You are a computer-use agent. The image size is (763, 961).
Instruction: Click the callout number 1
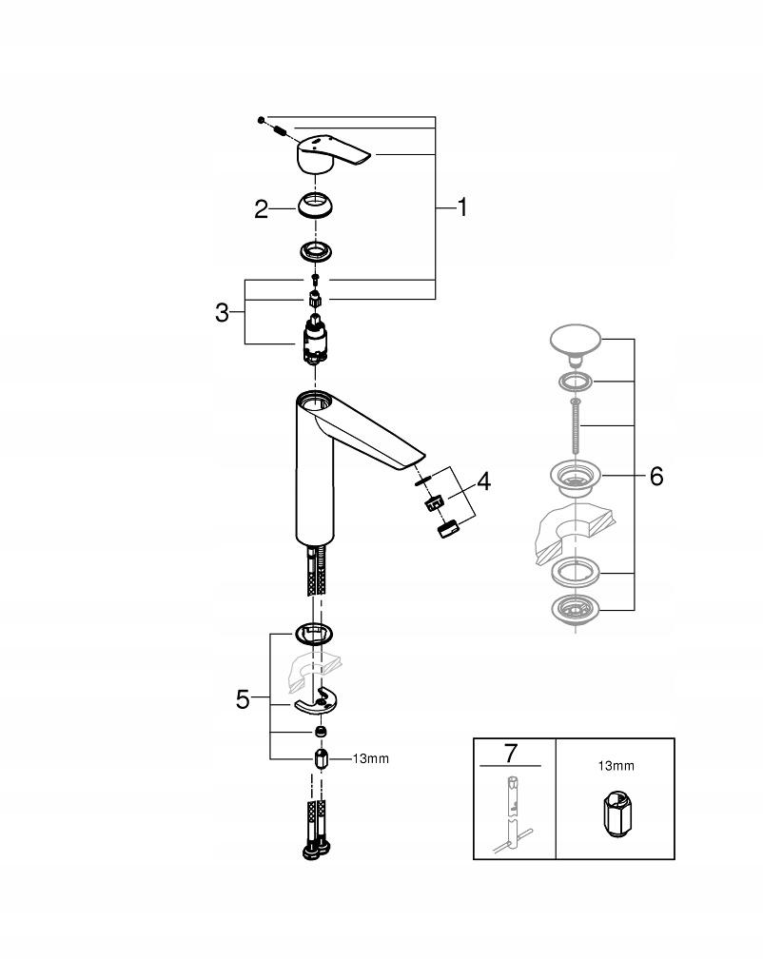pyautogui.click(x=462, y=207)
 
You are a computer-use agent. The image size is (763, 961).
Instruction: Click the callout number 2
pyautogui.click(x=262, y=209)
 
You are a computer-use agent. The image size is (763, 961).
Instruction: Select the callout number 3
pyautogui.click(x=222, y=312)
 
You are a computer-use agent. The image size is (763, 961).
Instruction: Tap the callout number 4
pyautogui.click(x=483, y=482)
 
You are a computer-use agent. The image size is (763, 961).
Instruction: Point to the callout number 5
pyautogui.click(x=244, y=700)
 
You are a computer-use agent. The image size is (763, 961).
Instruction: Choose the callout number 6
pyautogui.click(x=655, y=476)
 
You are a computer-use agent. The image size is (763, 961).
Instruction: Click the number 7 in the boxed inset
pyautogui.click(x=510, y=754)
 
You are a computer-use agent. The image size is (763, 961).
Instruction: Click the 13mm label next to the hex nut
pyautogui.click(x=370, y=759)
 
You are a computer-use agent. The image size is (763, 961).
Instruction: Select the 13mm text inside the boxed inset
pyautogui.click(x=615, y=765)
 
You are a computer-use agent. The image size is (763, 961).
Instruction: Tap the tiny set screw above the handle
pyautogui.click(x=259, y=119)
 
